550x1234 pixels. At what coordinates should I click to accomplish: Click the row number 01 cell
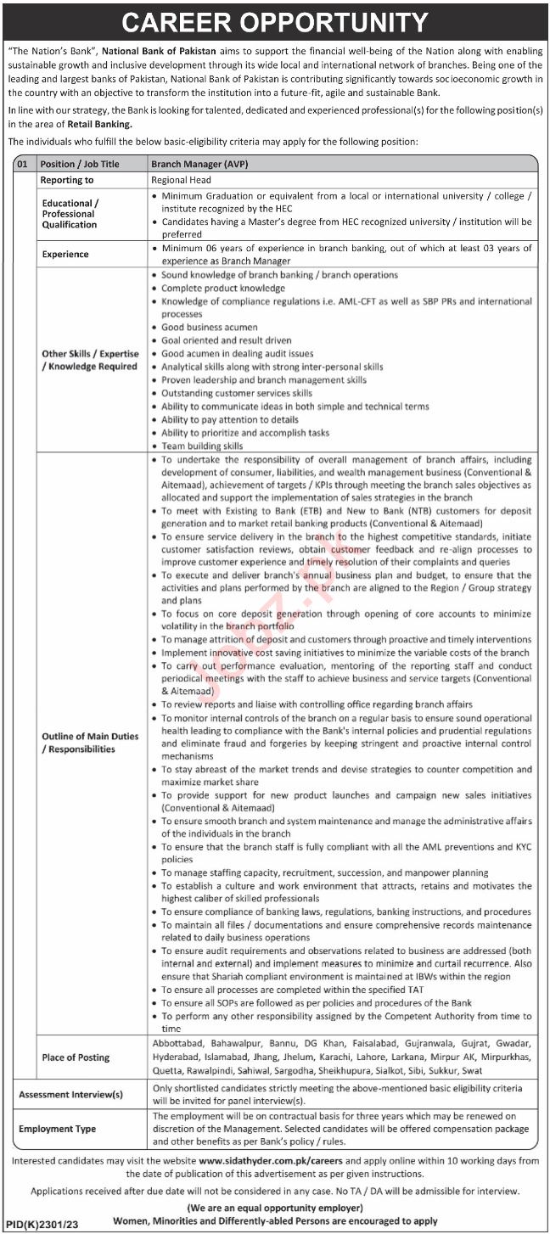(24, 164)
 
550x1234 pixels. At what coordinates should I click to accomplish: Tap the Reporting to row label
(67, 180)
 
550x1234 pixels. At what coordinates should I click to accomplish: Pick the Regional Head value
(182, 180)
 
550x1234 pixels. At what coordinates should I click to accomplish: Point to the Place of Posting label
(76, 1057)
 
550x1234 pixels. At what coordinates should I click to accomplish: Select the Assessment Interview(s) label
(71, 1094)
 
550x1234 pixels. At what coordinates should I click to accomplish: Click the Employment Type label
(57, 1129)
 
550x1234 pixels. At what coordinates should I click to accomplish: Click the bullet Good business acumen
(210, 328)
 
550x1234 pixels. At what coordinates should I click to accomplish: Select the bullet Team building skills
(202, 446)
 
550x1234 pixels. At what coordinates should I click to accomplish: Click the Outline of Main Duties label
(90, 743)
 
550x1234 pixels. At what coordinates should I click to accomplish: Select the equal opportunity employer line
(275, 1208)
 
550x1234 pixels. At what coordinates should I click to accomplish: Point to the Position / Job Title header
(80, 164)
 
